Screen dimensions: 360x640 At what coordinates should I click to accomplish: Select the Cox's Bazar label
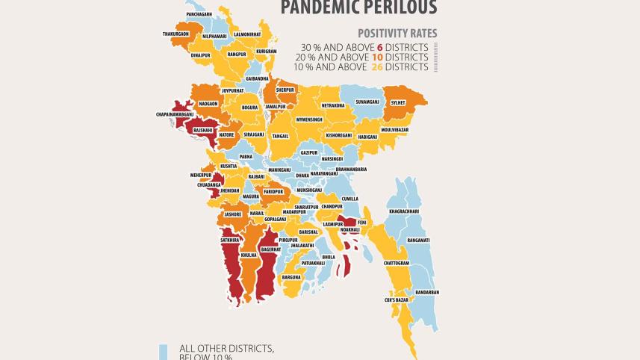point(397,300)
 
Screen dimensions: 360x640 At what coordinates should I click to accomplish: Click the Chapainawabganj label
point(175,114)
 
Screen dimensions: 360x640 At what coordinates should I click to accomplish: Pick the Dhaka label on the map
point(302,175)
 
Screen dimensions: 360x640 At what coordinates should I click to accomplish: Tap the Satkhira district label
point(230,240)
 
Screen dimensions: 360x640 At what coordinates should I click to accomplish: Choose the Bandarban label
point(426,291)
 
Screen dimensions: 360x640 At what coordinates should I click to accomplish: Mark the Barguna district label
point(291,277)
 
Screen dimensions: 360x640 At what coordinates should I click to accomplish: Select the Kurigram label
point(267,52)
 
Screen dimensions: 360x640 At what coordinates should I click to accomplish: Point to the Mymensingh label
point(308,120)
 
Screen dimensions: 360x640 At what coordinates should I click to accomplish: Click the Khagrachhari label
point(403,211)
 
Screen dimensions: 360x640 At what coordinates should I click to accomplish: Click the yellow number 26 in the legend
point(378,67)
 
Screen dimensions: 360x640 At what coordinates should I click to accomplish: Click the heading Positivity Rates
point(397,34)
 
